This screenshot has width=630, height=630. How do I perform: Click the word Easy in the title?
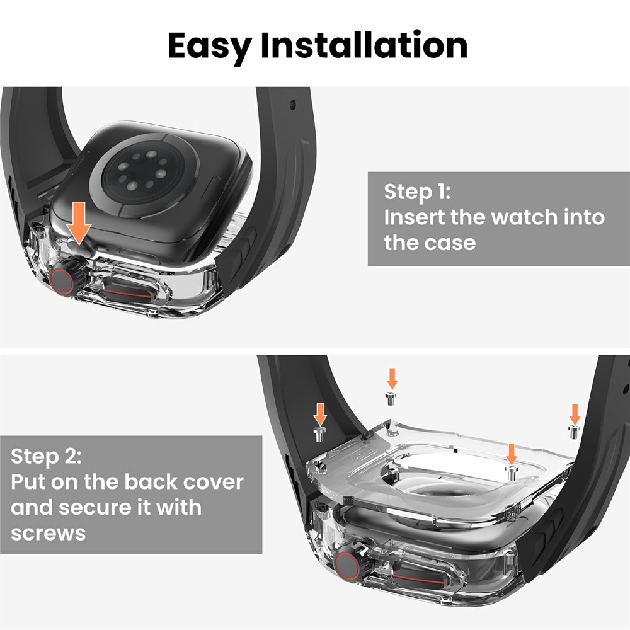point(209,45)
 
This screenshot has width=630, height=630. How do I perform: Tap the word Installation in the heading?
point(364,45)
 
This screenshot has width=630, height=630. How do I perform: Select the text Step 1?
point(418,192)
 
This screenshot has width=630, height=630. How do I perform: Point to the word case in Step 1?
point(451,243)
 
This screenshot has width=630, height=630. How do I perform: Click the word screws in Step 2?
point(49,533)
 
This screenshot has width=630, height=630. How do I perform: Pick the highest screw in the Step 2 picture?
point(391,396)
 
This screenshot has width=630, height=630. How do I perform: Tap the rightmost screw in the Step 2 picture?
point(574,430)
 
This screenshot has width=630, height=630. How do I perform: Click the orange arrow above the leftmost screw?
point(320,413)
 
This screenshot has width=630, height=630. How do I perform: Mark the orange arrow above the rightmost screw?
point(574,413)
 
